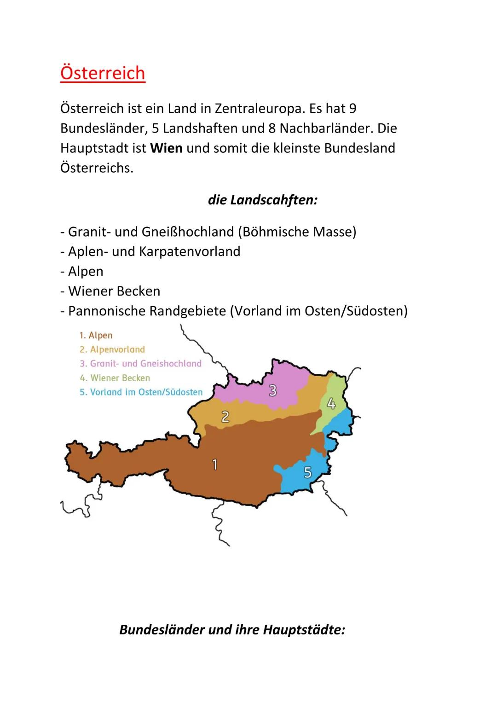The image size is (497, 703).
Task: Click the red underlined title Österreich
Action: (103, 73)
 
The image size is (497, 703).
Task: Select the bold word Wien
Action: (166, 148)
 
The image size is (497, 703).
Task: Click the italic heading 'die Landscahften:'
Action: (263, 200)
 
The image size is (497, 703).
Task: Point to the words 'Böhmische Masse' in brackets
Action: (297, 232)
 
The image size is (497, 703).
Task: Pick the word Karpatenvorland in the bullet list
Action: (190, 251)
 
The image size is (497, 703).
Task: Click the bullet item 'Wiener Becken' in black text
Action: (114, 291)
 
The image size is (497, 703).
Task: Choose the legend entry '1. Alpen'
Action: (96, 336)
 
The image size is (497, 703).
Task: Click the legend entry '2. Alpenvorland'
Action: (112, 349)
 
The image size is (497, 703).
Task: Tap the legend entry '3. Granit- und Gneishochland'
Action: (140, 364)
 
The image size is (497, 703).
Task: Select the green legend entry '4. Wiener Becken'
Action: (115, 378)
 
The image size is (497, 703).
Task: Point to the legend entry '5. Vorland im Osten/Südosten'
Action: (141, 392)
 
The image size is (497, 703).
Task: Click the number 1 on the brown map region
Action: (214, 465)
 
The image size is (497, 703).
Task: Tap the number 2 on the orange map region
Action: (225, 417)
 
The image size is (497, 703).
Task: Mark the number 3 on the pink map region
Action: (273, 390)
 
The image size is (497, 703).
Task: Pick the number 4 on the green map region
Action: (331, 404)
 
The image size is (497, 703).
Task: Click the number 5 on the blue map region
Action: (307, 472)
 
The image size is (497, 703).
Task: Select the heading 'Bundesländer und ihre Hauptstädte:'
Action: (232, 629)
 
